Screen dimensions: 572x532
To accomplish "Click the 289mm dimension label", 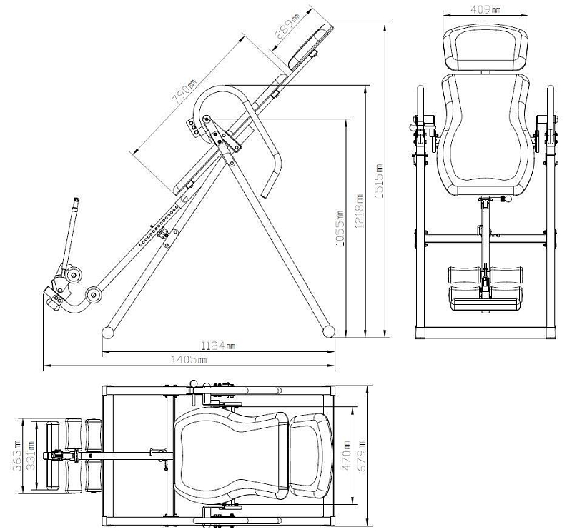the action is click(x=288, y=26).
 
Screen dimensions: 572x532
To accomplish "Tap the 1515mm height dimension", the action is click(x=379, y=181).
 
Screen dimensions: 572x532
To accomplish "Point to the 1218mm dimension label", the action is click(x=359, y=211).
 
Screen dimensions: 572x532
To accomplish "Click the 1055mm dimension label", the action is click(x=340, y=228).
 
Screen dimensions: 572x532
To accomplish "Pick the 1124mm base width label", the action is click(x=218, y=345).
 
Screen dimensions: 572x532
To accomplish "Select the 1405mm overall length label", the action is click(x=189, y=360).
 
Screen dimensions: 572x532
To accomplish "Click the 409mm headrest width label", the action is click(x=485, y=9).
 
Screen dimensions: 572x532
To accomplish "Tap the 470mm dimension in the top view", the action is click(x=345, y=456).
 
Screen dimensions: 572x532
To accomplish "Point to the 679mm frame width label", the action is click(x=362, y=456).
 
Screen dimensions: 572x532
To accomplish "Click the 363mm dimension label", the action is click(x=17, y=456).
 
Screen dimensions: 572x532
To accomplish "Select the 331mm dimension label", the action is click(x=30, y=456).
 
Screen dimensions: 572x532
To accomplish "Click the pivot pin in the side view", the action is click(x=207, y=119).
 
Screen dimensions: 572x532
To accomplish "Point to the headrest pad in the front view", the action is click(x=485, y=49).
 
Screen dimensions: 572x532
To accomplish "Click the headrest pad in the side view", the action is click(x=311, y=46).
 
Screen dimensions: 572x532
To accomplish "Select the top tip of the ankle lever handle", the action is click(x=77, y=199).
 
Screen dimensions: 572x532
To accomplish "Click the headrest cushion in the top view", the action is click(x=311, y=456).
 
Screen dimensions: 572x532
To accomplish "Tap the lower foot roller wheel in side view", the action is click(x=93, y=295).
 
